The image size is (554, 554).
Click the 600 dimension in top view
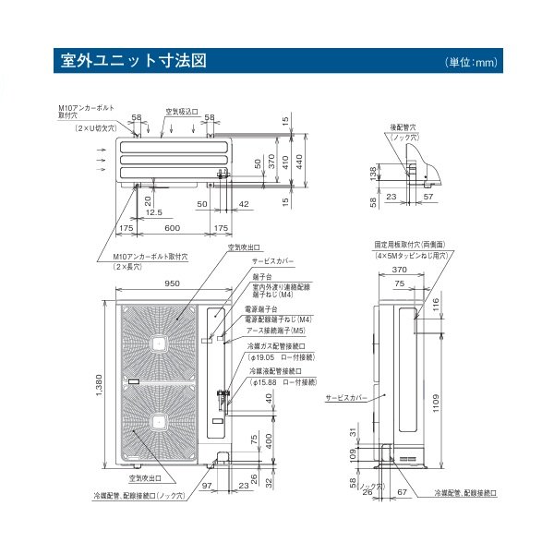(173, 227)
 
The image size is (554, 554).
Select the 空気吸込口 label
(181, 111)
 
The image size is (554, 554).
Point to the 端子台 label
(260, 276)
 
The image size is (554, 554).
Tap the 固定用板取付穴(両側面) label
(413, 246)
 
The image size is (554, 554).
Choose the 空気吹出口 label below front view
(145, 479)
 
